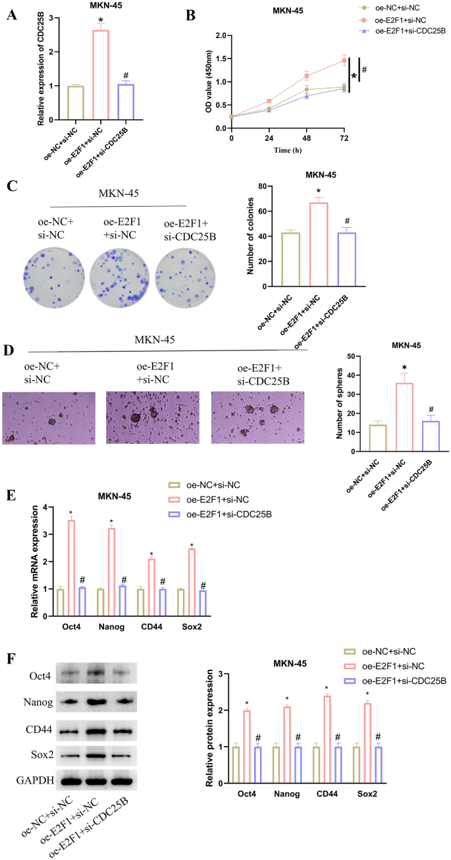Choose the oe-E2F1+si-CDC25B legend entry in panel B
[x=408, y=30]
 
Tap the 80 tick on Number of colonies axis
[x=263, y=187]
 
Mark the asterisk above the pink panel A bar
[x=101, y=20]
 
